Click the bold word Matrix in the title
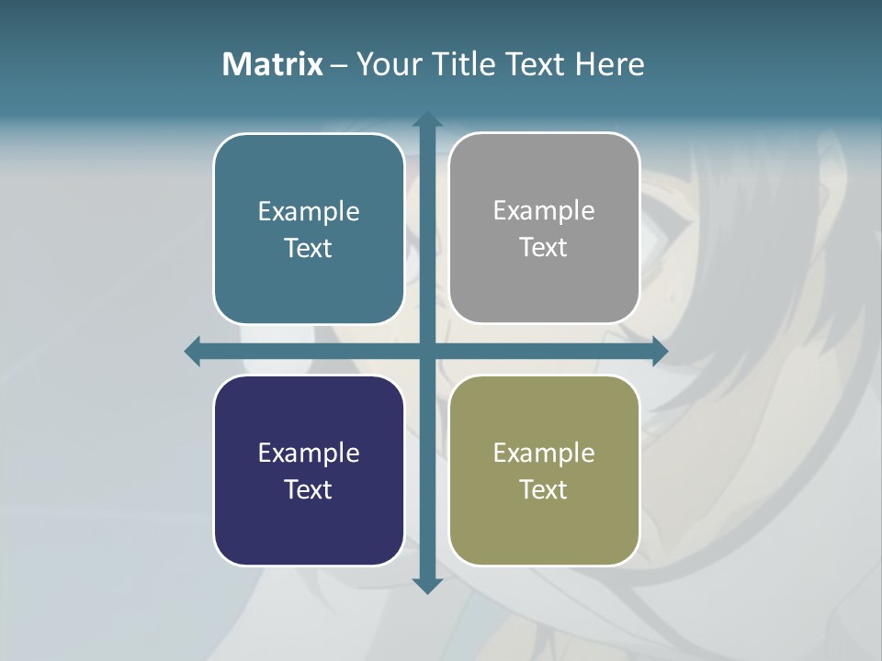pyautogui.click(x=273, y=64)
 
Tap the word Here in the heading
pyautogui.click(x=609, y=64)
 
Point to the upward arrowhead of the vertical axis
pyautogui.click(x=426, y=119)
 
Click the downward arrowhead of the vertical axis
pyautogui.click(x=426, y=586)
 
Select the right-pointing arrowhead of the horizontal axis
pyautogui.click(x=660, y=351)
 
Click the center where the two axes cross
pyautogui.click(x=426, y=351)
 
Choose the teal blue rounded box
pyautogui.click(x=309, y=275)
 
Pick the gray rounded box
pyautogui.click(x=544, y=285)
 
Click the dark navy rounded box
pyautogui.click(x=309, y=523)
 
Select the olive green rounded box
pyautogui.click(x=544, y=523)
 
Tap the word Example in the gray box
pyautogui.click(x=544, y=210)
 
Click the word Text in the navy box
pyautogui.click(x=309, y=489)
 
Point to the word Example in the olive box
pyautogui.click(x=544, y=453)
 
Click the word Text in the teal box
pyautogui.click(x=309, y=248)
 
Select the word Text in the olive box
pyautogui.click(x=544, y=489)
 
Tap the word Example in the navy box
pyautogui.click(x=309, y=453)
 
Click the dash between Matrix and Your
pyautogui.click(x=339, y=65)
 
